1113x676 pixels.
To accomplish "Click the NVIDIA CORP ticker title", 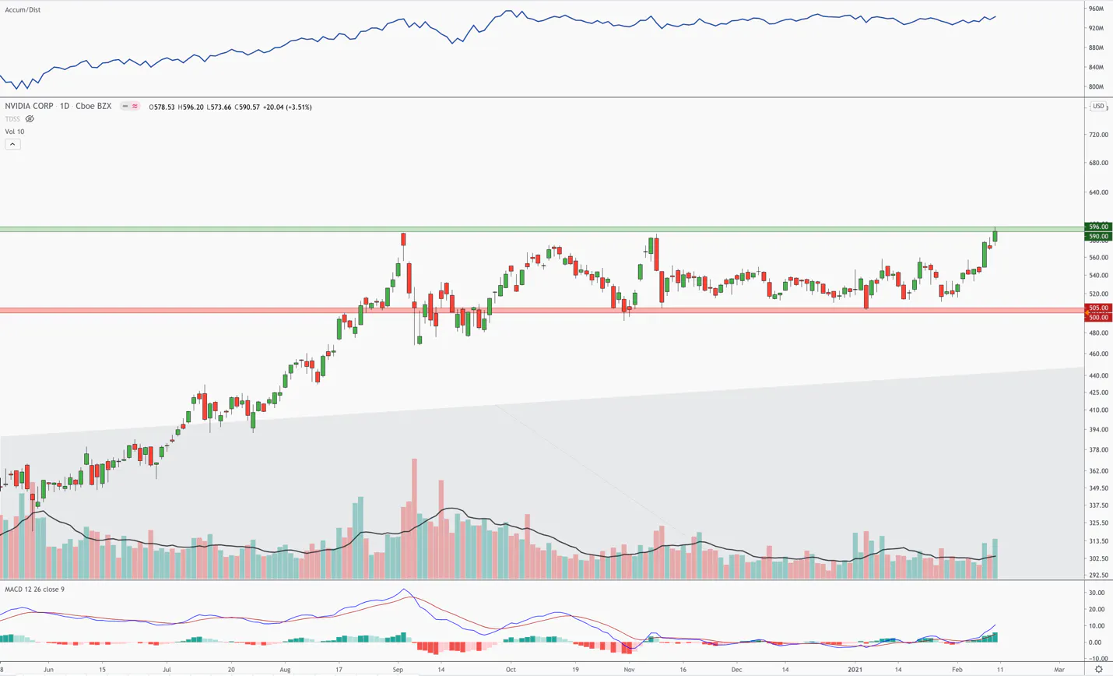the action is tap(29, 107).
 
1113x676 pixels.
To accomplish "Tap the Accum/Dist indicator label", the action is tap(23, 9).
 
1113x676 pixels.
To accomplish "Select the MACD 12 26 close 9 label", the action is tap(35, 589).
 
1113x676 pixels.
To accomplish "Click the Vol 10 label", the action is tap(15, 132).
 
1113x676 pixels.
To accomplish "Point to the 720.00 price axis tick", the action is tap(1098, 135).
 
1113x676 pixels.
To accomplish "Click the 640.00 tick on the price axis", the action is tap(1098, 192).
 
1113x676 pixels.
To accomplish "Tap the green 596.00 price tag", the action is tap(1098, 227).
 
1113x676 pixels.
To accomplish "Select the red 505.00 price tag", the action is tap(1098, 308).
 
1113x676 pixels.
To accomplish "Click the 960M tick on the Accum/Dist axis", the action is tap(1096, 9).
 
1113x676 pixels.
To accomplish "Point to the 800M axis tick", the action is tap(1096, 86).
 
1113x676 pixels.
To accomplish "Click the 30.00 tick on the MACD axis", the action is tap(1097, 593).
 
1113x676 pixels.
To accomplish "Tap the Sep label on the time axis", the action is tap(398, 670).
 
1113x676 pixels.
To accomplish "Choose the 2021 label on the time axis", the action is tap(855, 670).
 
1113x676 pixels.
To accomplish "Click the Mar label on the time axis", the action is tap(1059, 670).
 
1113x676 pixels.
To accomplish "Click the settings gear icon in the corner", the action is tap(1098, 670).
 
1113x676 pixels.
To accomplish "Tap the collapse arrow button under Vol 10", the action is tap(12, 144).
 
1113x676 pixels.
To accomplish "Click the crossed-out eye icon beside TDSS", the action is tap(30, 119).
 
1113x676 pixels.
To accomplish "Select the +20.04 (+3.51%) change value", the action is tap(287, 107).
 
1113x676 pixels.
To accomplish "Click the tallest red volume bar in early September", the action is tap(414, 519).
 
